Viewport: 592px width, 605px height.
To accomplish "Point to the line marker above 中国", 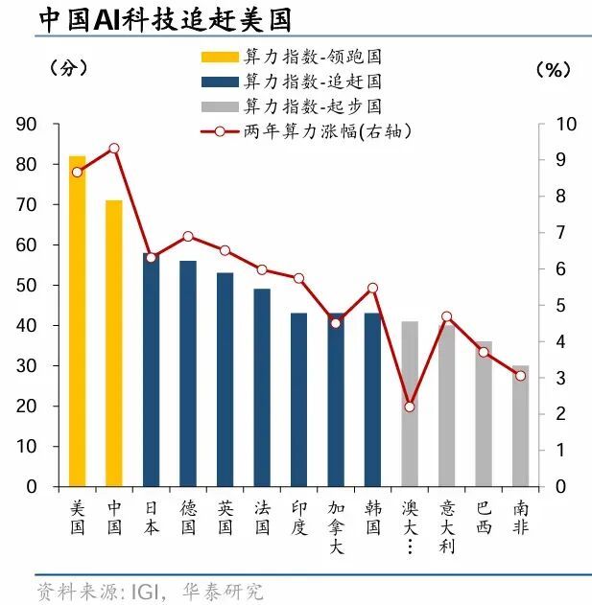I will point(114,148).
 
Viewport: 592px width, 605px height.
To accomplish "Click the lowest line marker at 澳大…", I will point(410,407).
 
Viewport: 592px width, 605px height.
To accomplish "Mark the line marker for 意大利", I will point(446,316).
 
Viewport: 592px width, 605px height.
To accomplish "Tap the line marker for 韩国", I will point(373,288).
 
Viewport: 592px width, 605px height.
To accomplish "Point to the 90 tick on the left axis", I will point(26,124).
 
